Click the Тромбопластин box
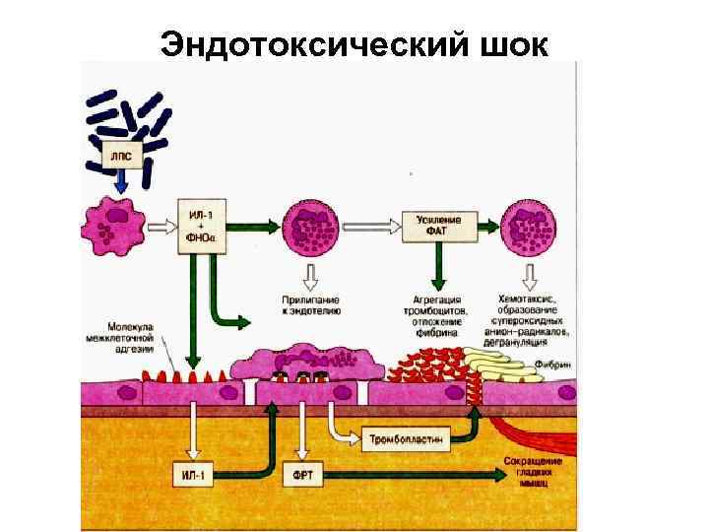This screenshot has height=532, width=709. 407,434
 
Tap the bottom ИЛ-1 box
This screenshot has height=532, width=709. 193,475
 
